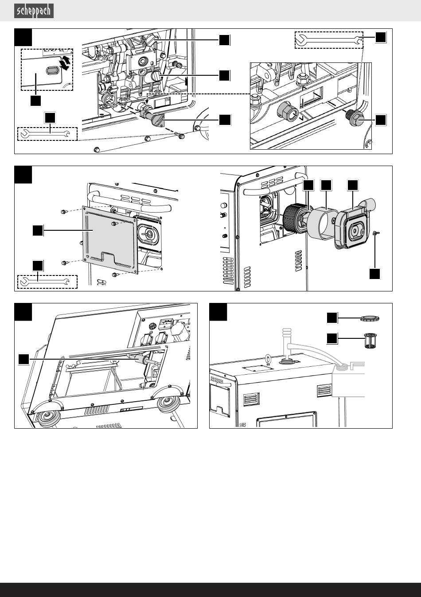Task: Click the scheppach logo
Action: (x=34, y=11)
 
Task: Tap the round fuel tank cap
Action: (x=369, y=318)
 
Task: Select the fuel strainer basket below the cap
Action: (x=370, y=341)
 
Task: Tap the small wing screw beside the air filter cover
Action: (x=376, y=233)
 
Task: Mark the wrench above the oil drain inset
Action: (x=329, y=40)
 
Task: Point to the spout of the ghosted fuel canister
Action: (x=341, y=366)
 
